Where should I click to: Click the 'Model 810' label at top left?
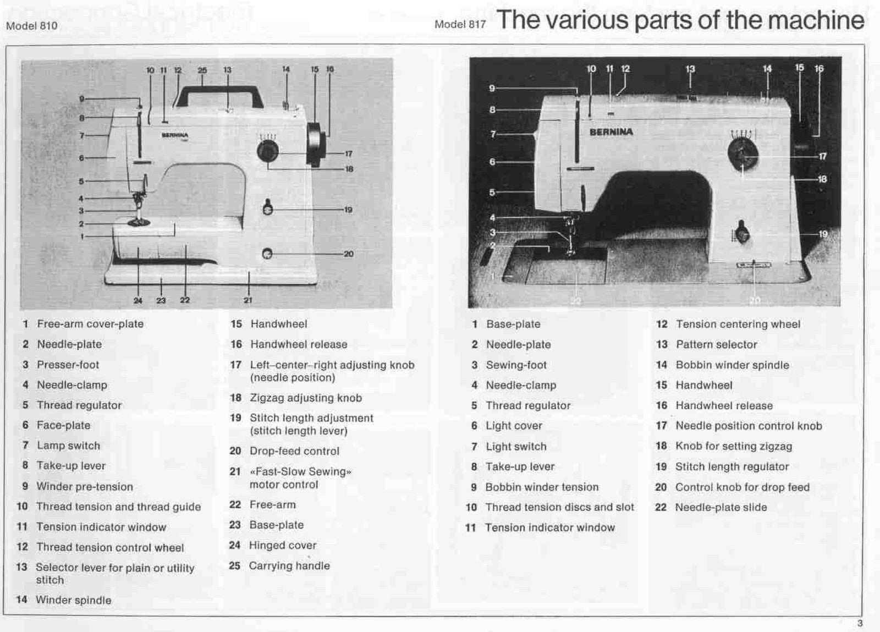[x=31, y=26]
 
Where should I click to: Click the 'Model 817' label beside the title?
[x=460, y=24]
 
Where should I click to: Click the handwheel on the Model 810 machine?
[x=314, y=144]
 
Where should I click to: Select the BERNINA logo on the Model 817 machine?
[x=611, y=132]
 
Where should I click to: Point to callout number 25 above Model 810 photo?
[x=202, y=70]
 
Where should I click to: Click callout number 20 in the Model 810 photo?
[x=348, y=254]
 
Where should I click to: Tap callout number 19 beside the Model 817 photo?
[x=823, y=234]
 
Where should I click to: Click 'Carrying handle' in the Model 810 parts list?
[x=289, y=565]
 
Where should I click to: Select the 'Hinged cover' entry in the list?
[x=283, y=545]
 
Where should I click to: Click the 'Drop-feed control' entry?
[x=294, y=451]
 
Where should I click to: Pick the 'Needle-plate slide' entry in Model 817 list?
[x=721, y=507]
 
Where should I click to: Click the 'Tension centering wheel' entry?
[x=738, y=324]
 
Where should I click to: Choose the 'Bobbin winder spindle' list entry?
[x=732, y=365]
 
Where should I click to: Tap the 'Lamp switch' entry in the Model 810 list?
[x=68, y=446]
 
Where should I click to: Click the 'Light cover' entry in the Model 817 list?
[x=514, y=426]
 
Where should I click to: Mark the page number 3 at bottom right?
[x=860, y=623]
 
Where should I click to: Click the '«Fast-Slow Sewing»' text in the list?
[x=300, y=471]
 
